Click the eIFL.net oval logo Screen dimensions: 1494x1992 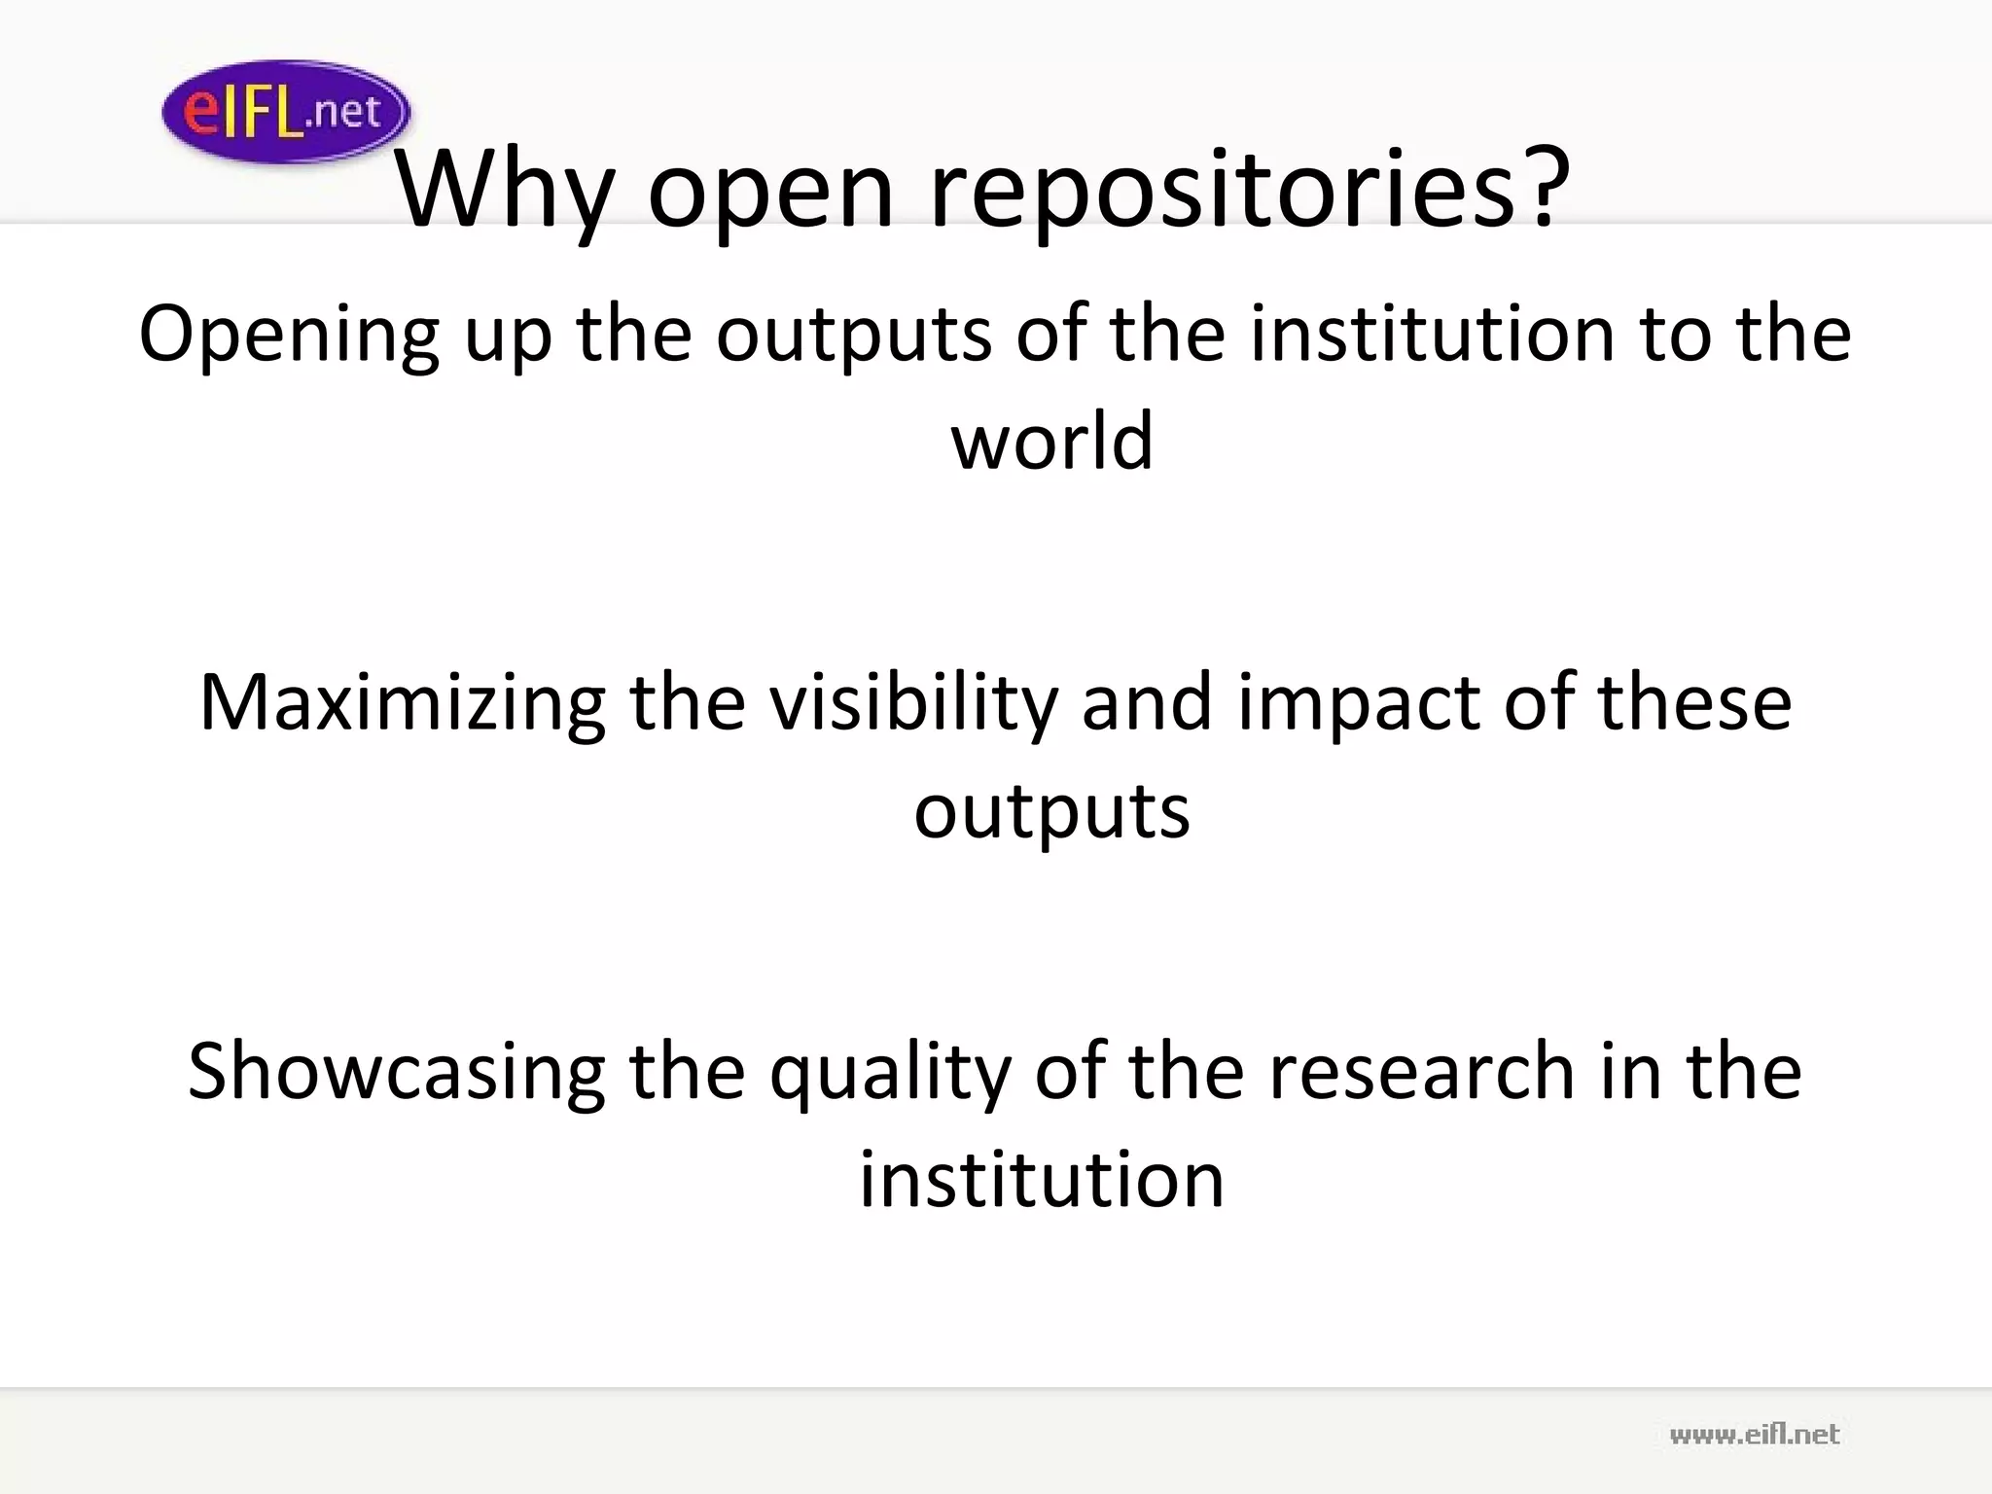click(286, 112)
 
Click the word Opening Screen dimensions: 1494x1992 click(289, 336)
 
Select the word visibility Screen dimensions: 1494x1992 click(913, 703)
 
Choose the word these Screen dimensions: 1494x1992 click(1693, 703)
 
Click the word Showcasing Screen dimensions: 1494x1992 click(396, 1072)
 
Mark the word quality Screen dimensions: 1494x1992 click(890, 1072)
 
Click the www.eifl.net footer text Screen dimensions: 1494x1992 click(1754, 1435)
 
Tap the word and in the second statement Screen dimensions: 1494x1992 click(1147, 703)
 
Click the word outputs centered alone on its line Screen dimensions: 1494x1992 click(1051, 811)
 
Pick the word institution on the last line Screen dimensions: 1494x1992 click(1041, 1180)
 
